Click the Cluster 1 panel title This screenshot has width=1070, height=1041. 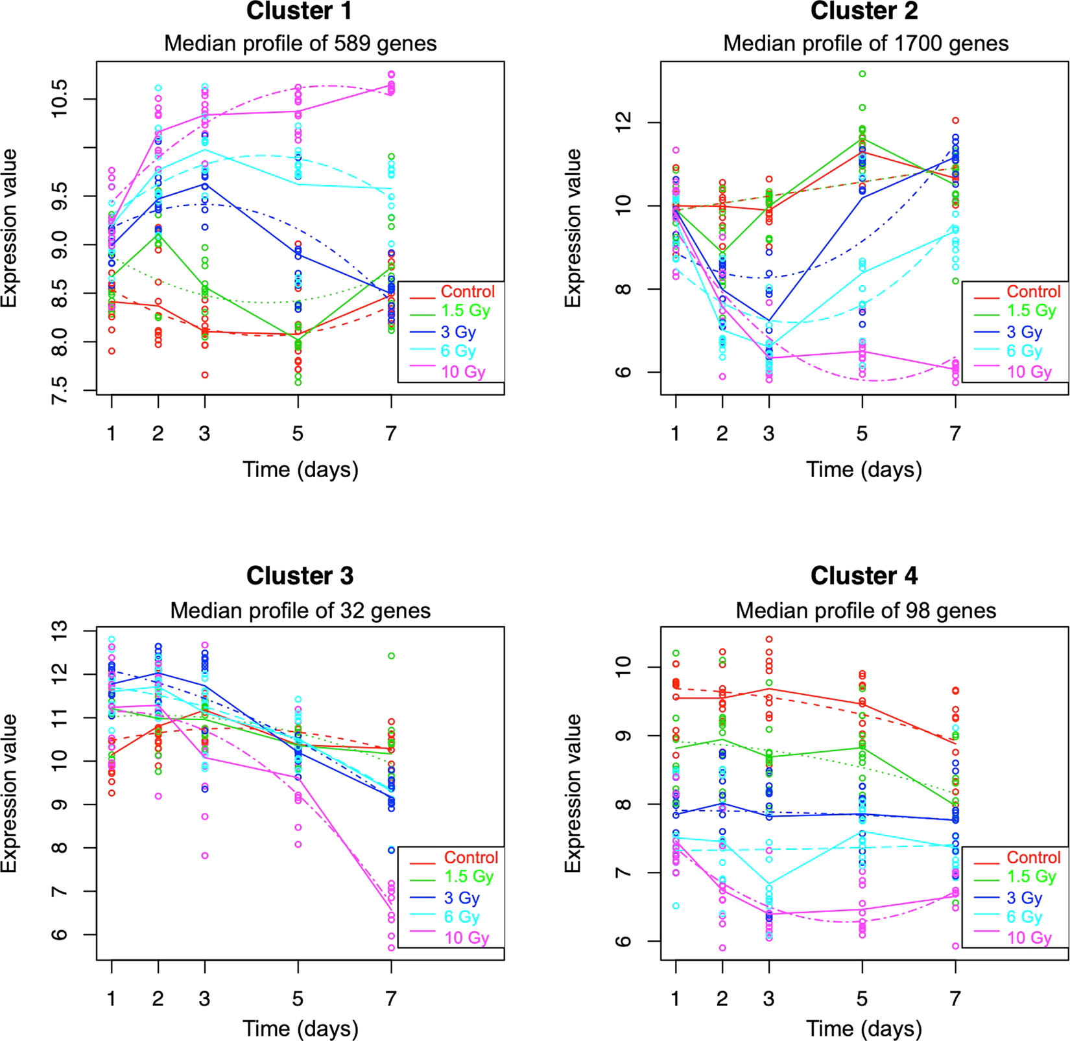[300, 11]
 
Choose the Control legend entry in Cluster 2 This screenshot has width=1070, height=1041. [1034, 292]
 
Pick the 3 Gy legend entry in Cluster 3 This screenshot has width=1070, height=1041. [462, 898]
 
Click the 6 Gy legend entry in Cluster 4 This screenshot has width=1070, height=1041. [1024, 917]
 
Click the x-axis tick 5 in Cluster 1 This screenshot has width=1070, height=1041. [298, 433]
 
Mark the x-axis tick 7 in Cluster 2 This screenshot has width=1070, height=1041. [955, 433]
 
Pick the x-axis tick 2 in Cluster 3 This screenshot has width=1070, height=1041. [158, 998]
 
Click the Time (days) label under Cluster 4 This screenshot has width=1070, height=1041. [864, 1028]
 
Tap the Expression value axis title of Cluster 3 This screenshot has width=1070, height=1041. [9, 793]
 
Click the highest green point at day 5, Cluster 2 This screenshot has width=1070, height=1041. [862, 74]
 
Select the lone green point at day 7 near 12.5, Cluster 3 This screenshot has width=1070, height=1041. [391, 656]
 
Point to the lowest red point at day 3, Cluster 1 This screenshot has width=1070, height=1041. [205, 375]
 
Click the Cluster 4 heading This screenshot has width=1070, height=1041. [864, 576]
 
